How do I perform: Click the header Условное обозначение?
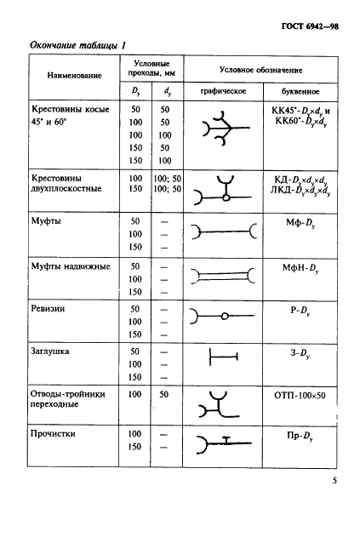[x=261, y=69]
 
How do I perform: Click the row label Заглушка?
[x=54, y=349]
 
